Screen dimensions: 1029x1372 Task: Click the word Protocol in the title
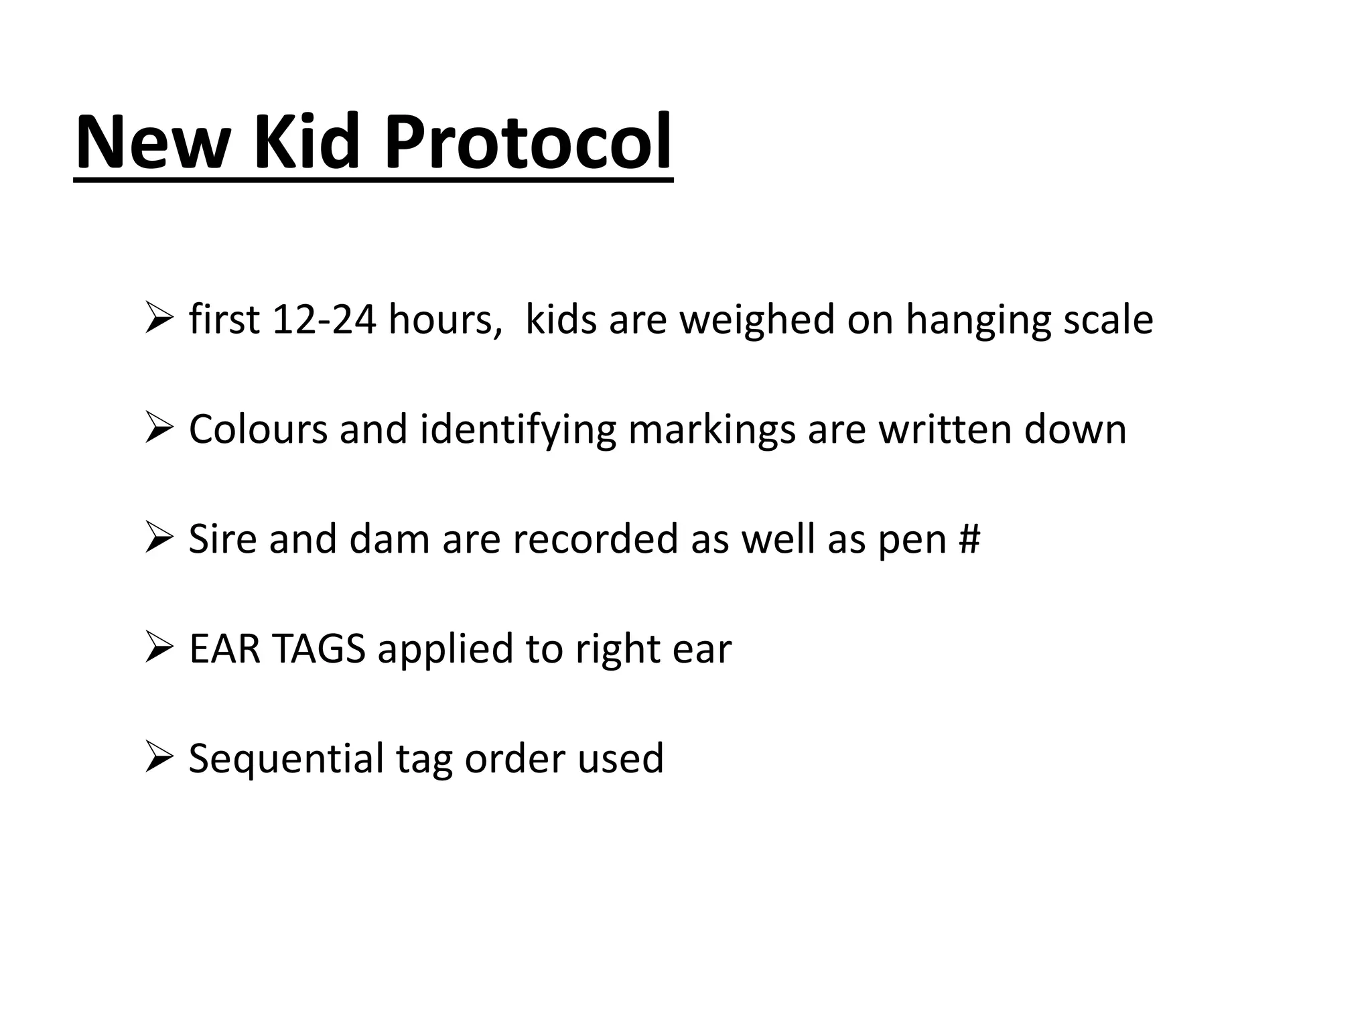[528, 143]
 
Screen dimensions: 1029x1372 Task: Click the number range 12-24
[324, 320]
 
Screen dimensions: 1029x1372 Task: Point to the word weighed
[757, 320]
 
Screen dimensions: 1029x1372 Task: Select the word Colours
[258, 429]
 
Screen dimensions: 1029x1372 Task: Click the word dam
[389, 539]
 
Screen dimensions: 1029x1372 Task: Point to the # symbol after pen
[969, 539]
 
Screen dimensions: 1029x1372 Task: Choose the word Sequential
[286, 760]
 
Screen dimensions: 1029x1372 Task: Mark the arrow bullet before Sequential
[159, 758]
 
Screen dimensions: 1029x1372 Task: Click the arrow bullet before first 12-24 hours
[159, 318]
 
